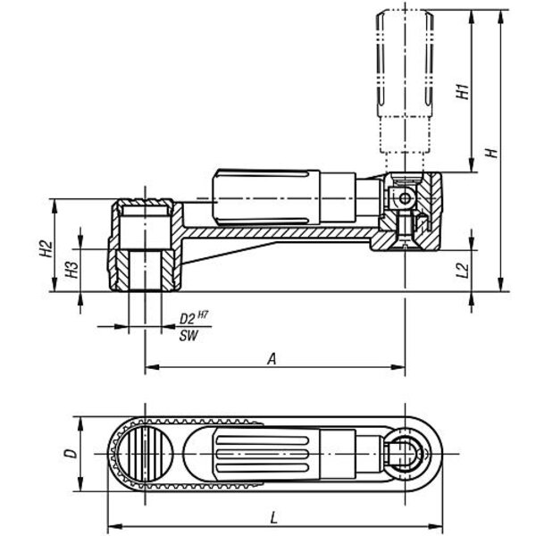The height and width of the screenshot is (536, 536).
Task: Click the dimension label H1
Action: click(463, 91)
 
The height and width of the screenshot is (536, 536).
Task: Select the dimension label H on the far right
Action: click(492, 153)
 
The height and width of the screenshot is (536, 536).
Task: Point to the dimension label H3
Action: click(71, 270)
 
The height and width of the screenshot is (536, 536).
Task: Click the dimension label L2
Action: click(463, 271)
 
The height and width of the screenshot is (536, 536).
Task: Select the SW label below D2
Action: click(188, 336)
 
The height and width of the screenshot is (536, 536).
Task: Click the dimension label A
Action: click(272, 359)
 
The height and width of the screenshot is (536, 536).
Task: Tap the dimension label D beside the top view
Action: click(71, 454)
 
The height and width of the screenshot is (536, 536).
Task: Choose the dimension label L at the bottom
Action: click(274, 518)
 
